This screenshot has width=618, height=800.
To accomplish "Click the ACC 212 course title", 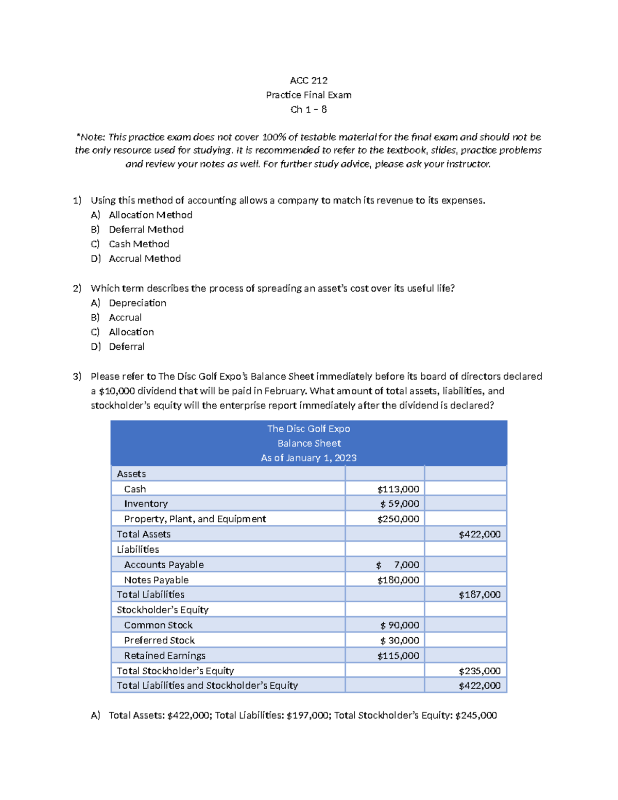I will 308,80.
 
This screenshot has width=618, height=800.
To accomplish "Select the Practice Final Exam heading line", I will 308,95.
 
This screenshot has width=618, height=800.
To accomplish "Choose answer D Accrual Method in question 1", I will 144,259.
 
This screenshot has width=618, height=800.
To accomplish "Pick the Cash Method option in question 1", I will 139,244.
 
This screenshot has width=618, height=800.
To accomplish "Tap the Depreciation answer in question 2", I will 137,303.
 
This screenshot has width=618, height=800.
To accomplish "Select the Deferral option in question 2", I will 126,347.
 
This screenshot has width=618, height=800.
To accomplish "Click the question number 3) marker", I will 77,377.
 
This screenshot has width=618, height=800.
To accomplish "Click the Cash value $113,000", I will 398,489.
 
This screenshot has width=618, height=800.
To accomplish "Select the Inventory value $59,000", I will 399,504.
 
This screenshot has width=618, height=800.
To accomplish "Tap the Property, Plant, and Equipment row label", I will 195,519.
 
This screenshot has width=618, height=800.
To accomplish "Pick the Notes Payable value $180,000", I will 398,580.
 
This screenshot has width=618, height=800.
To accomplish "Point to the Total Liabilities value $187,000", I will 479,594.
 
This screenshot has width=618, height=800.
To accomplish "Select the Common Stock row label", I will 158,625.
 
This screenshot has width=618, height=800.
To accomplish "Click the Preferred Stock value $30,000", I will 399,640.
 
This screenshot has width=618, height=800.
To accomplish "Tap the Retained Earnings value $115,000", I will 398,656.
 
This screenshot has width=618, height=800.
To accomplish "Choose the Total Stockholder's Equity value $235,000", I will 479,671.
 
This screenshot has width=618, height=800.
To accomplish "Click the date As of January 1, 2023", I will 308,458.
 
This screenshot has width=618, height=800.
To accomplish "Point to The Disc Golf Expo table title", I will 308,429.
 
